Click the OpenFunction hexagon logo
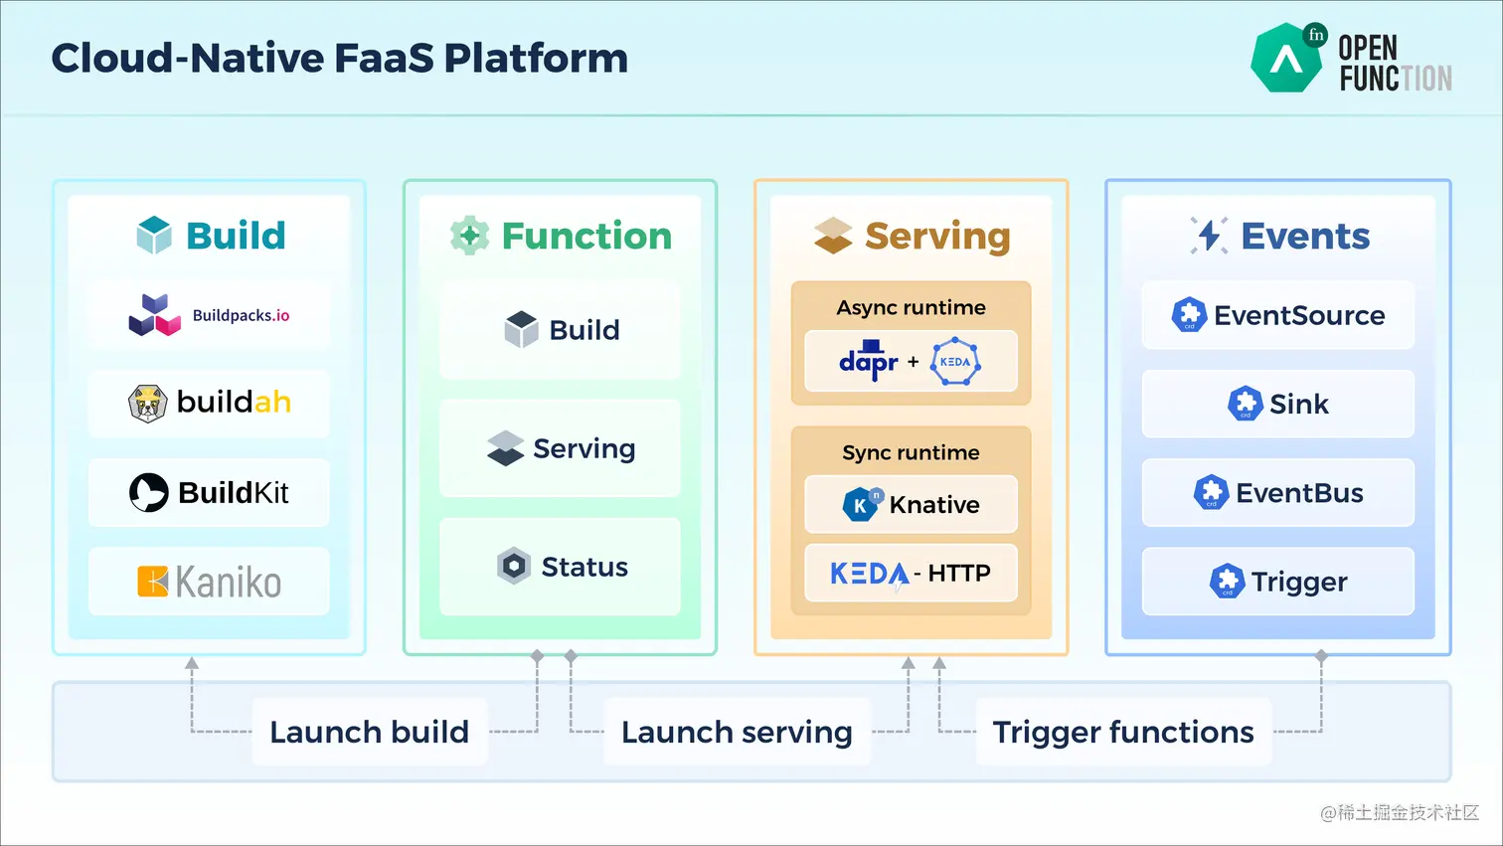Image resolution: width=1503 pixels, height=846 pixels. [x=1287, y=58]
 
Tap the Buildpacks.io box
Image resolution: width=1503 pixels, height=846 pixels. [x=209, y=315]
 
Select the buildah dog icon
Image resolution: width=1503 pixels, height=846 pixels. [x=147, y=404]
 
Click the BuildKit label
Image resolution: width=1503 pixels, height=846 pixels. [x=234, y=492]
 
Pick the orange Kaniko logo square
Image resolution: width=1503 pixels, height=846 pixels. [x=152, y=581]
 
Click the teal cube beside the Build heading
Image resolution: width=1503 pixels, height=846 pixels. [x=154, y=235]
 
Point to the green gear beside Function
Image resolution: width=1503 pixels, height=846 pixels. [x=469, y=235]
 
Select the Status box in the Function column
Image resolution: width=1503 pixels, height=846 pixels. [x=560, y=567]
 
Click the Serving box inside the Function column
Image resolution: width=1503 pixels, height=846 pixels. [x=560, y=448]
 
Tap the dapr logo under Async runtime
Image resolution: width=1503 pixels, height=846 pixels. [x=868, y=361]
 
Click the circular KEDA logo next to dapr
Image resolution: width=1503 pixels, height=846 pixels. [x=955, y=362]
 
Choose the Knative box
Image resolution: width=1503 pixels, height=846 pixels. [x=911, y=504]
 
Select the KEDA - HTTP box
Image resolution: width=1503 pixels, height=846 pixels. [x=911, y=573]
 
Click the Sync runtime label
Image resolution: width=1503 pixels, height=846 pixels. [x=911, y=453]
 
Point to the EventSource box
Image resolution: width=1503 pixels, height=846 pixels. [x=1277, y=315]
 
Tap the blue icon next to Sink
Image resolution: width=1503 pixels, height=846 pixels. [x=1246, y=404]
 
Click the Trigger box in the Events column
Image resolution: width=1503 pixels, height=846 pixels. [x=1277, y=581]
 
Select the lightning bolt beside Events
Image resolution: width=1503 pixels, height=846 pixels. [x=1209, y=236]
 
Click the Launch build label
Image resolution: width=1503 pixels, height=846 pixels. [x=369, y=732]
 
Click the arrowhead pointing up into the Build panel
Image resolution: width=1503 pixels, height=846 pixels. [x=192, y=663]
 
